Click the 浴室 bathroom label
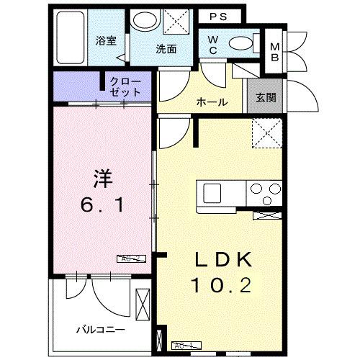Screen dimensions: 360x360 point(106,40)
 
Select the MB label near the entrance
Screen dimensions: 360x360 point(274,52)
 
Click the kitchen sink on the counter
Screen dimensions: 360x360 point(213,193)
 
